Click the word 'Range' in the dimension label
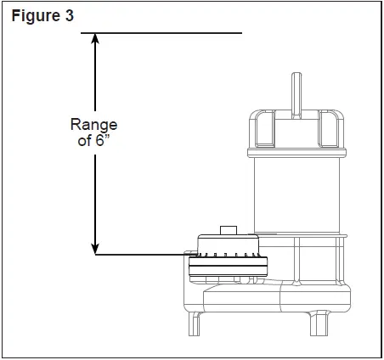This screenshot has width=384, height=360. click(x=94, y=124)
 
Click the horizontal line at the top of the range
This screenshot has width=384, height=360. click(x=161, y=33)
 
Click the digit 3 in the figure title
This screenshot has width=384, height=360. click(x=69, y=16)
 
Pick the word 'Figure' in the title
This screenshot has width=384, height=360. click(x=29, y=16)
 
